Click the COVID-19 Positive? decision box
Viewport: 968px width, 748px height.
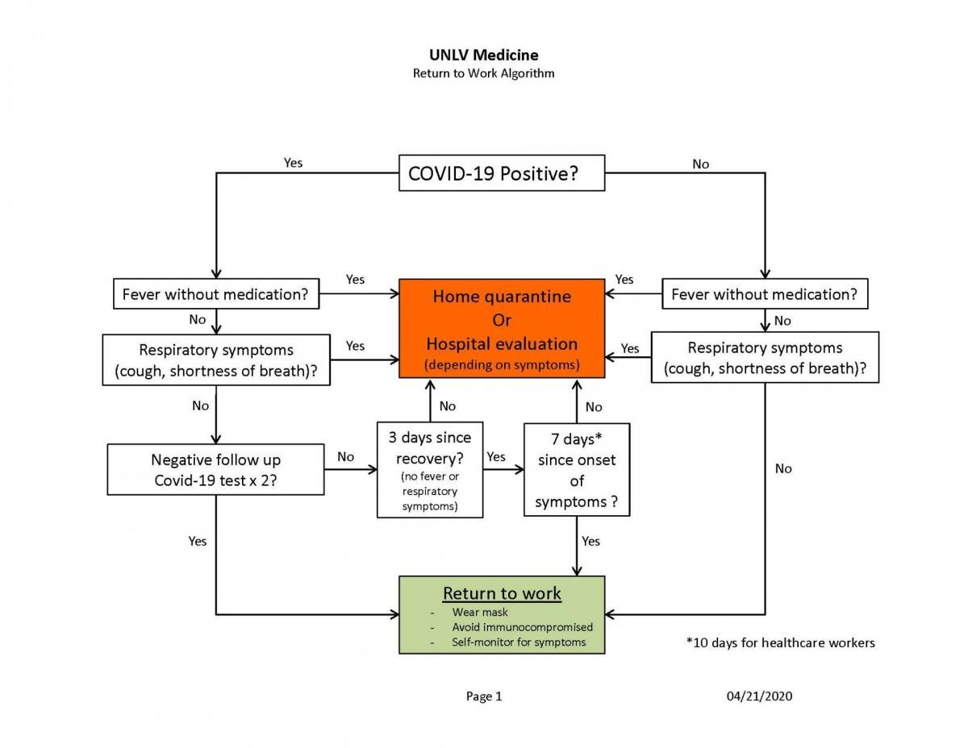click(x=502, y=172)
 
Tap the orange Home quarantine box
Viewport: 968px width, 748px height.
click(x=502, y=328)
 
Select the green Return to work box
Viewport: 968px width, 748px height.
click(x=502, y=614)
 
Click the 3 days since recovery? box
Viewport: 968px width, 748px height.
click(x=430, y=469)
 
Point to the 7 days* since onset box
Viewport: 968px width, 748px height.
click(x=576, y=470)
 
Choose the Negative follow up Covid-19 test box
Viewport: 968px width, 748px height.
click(x=216, y=471)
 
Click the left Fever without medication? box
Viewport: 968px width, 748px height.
click(x=215, y=294)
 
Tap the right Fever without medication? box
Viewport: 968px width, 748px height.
click(x=765, y=294)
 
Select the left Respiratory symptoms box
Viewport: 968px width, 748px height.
click(x=216, y=359)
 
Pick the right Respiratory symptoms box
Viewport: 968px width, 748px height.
click(x=765, y=358)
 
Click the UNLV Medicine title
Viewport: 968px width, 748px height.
click(x=484, y=56)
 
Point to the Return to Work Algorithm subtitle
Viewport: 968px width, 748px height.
click(x=484, y=73)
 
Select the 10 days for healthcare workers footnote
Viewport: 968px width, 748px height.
click(x=780, y=642)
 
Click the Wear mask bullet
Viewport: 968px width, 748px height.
click(x=480, y=613)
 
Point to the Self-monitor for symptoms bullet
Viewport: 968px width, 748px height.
click(x=519, y=642)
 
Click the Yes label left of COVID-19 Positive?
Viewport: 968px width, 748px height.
click(x=294, y=163)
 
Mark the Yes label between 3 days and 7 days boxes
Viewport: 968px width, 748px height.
click(x=496, y=457)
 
